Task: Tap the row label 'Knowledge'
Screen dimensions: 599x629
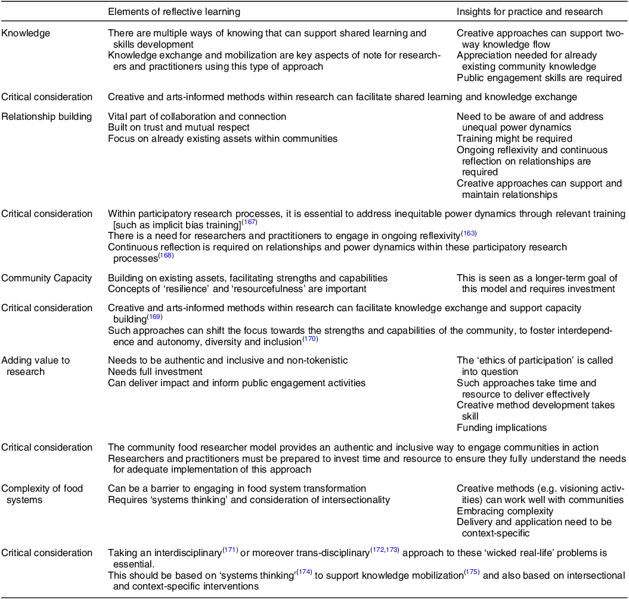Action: click(x=26, y=34)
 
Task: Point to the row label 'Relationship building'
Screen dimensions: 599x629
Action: click(x=47, y=117)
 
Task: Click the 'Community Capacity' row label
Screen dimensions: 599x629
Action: click(x=47, y=278)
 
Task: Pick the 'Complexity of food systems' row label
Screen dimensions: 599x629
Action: click(x=42, y=494)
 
